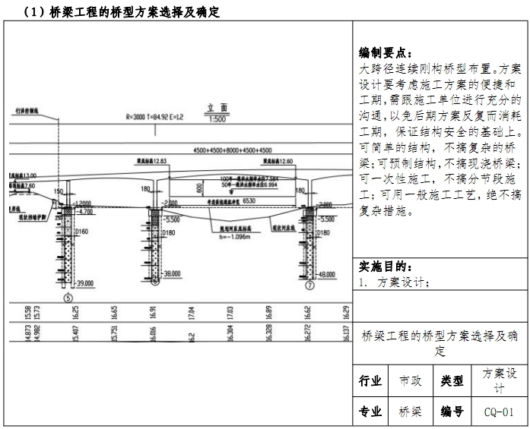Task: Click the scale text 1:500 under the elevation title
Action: (x=218, y=119)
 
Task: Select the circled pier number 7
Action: (x=309, y=287)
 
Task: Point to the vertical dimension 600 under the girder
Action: (x=199, y=188)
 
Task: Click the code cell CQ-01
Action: (x=499, y=412)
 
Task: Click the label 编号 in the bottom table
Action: (x=452, y=412)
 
